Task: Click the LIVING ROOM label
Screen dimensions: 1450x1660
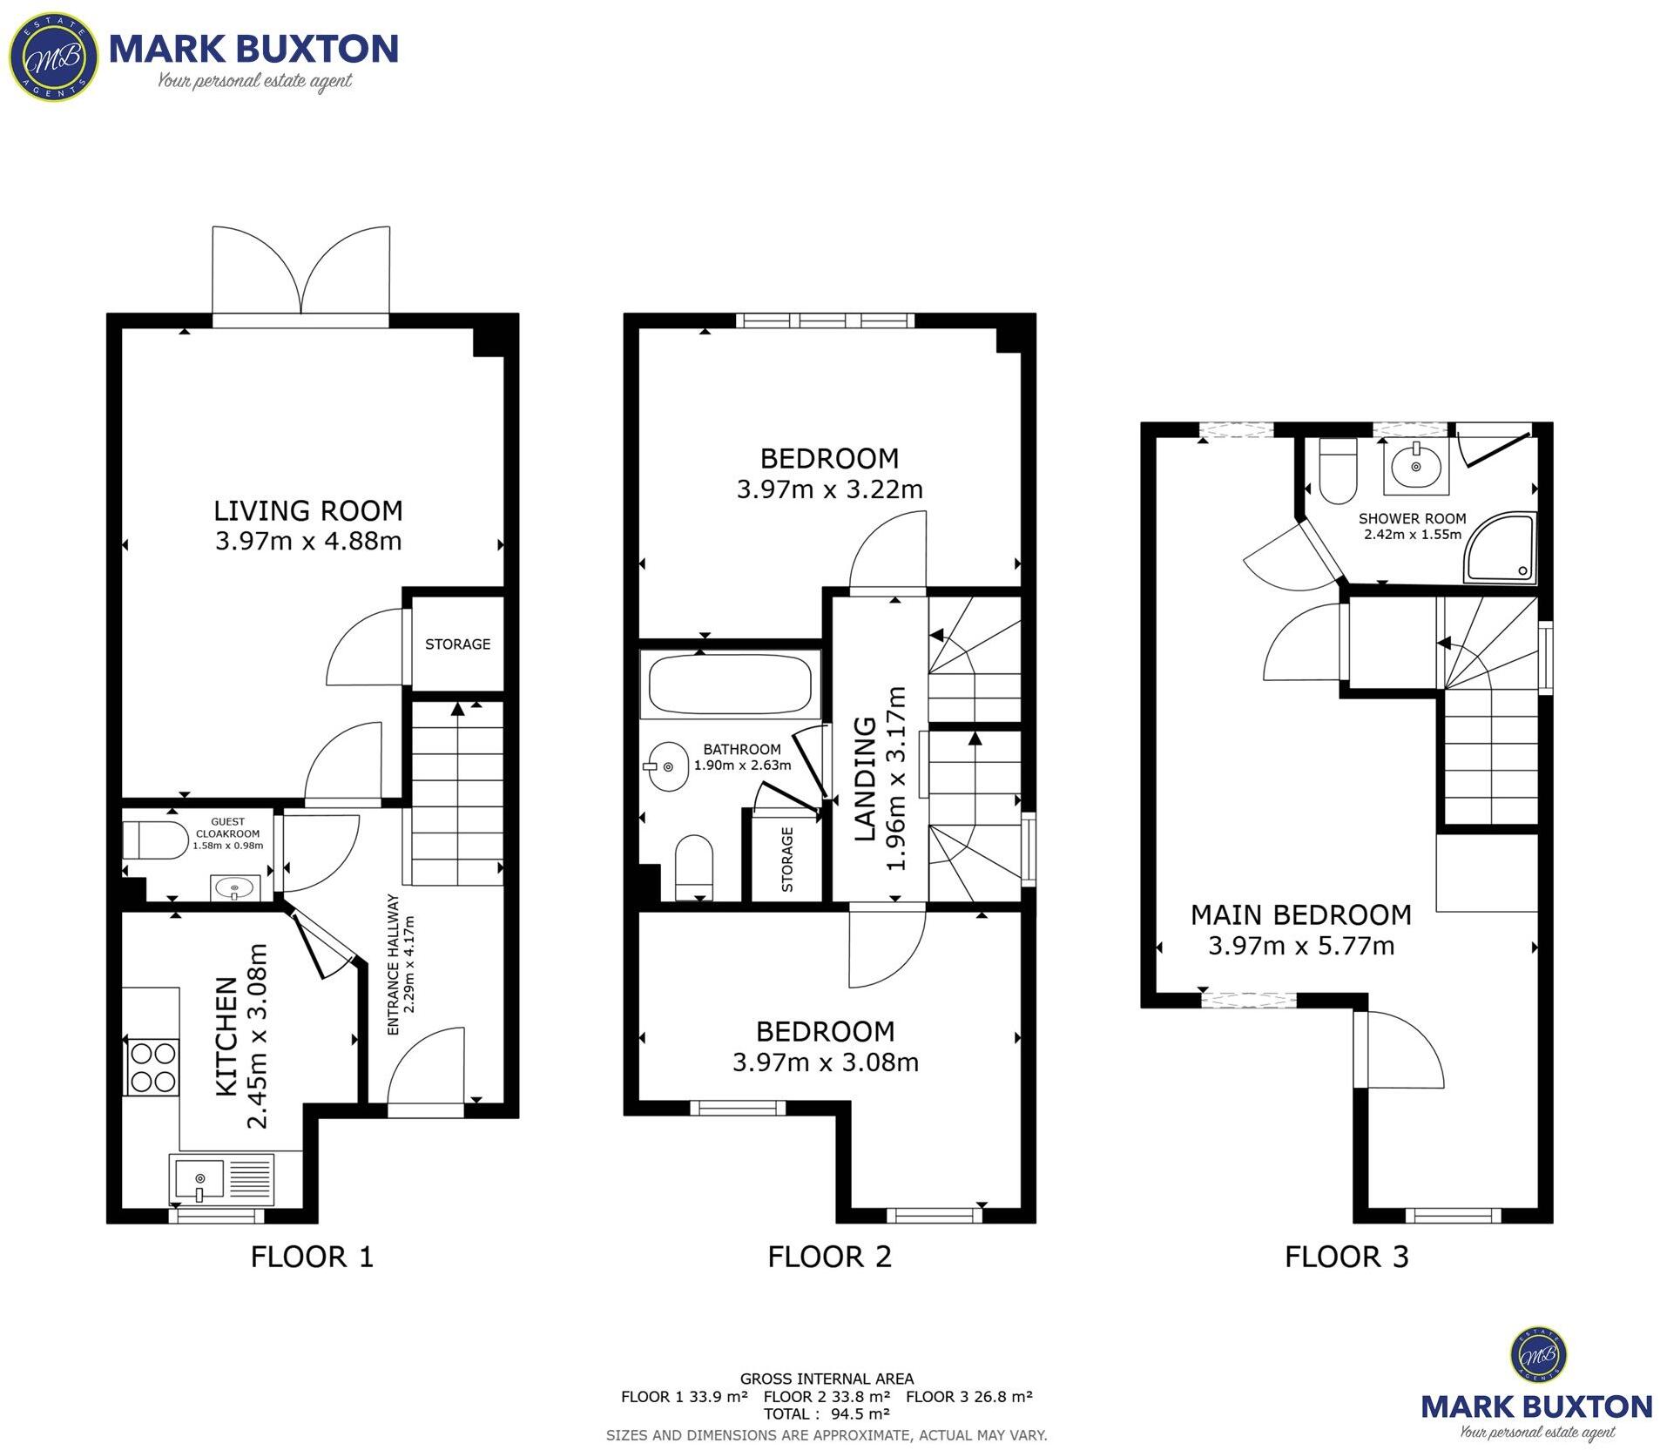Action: tap(307, 510)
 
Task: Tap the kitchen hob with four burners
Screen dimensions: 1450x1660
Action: tap(152, 1067)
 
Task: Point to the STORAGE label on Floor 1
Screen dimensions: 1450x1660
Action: tap(457, 644)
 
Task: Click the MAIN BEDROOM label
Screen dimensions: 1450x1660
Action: tap(1300, 915)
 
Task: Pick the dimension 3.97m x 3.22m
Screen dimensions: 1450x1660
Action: tap(829, 489)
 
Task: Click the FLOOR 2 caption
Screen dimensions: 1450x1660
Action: tap(829, 1257)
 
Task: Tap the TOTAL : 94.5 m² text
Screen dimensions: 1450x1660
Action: tap(827, 1413)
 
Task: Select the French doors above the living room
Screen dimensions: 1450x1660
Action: tap(300, 274)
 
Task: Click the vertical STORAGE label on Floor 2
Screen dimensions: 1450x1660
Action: tap(787, 860)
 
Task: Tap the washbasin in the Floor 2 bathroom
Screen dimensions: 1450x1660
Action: tap(668, 766)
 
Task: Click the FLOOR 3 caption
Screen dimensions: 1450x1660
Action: tap(1346, 1257)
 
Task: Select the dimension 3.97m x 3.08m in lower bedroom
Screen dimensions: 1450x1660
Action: tap(825, 1062)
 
